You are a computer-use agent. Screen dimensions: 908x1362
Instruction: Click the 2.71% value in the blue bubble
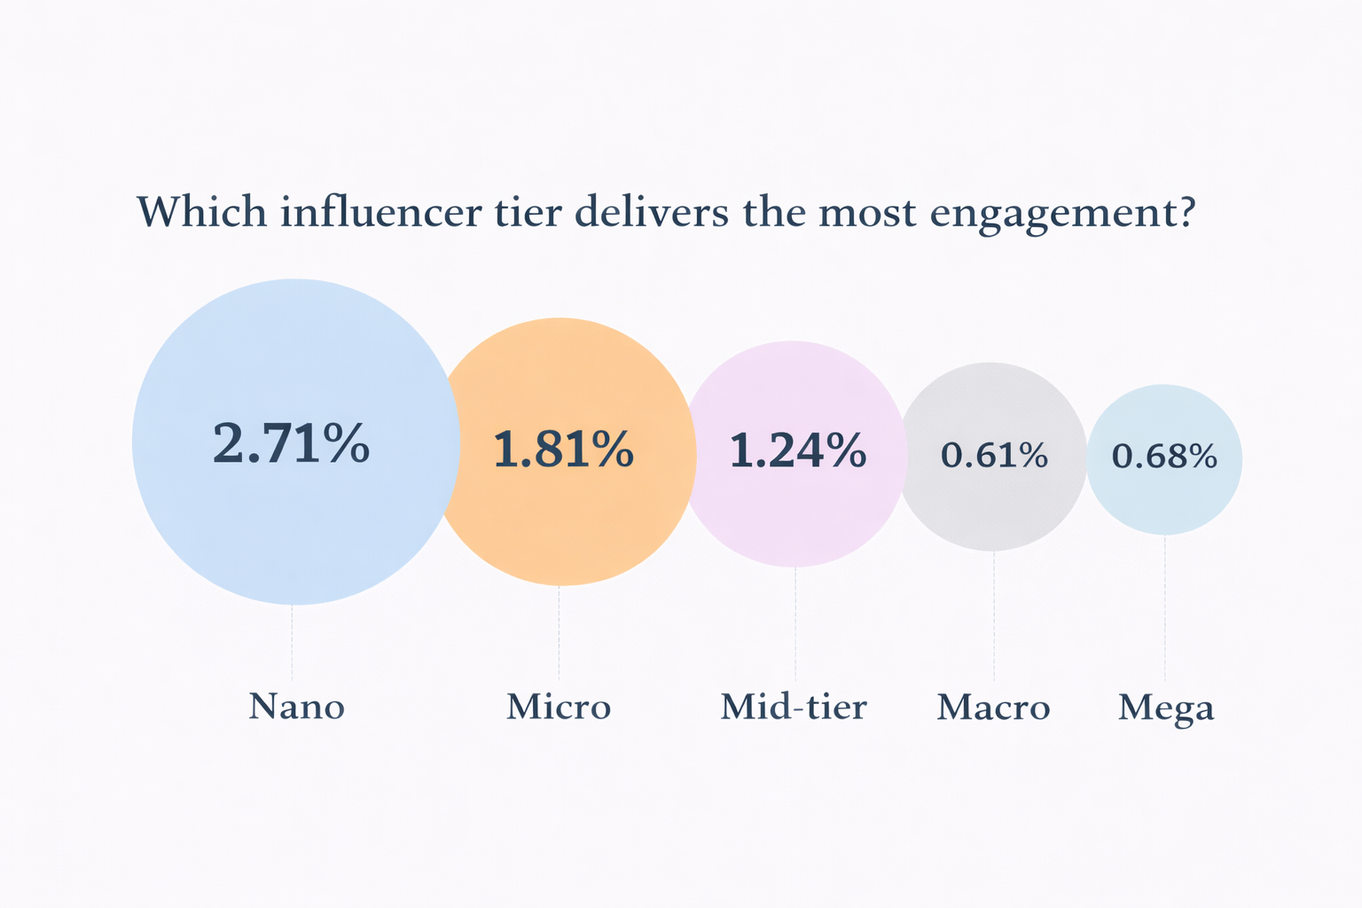click(x=291, y=443)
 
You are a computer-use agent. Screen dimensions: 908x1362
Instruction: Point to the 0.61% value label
click(x=994, y=456)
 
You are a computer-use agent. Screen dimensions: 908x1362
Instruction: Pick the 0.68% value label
click(x=1164, y=457)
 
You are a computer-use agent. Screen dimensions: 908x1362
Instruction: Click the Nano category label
click(x=296, y=707)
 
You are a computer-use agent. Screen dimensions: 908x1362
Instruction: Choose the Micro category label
click(x=559, y=707)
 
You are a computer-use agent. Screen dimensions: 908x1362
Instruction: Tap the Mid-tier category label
click(x=794, y=707)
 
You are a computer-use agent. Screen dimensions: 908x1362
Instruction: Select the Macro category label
click(x=993, y=708)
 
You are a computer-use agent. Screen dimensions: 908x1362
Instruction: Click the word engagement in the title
click(x=1062, y=214)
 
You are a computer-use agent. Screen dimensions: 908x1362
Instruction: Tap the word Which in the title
click(x=202, y=213)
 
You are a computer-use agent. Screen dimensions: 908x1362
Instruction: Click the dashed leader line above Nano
click(x=292, y=643)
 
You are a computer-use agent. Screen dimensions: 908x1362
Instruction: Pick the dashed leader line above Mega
click(x=1165, y=607)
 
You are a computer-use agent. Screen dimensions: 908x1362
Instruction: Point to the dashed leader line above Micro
click(x=559, y=633)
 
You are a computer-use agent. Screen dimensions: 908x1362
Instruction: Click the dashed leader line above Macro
click(x=994, y=615)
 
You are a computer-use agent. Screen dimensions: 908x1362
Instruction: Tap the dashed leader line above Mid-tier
click(x=795, y=623)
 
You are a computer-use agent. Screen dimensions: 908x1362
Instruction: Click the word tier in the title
click(x=527, y=213)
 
